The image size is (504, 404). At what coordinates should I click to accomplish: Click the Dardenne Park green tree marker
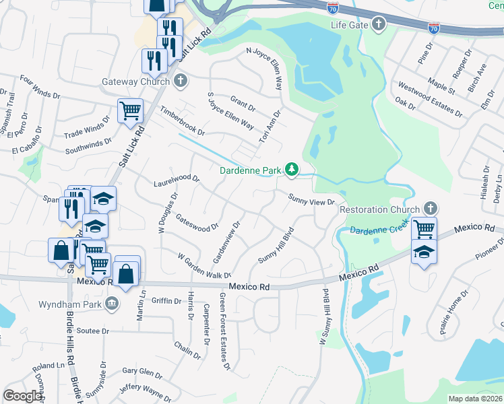tap(292, 170)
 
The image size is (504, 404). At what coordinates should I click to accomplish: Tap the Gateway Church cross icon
tap(180, 81)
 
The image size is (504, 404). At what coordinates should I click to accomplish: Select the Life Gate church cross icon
tap(379, 25)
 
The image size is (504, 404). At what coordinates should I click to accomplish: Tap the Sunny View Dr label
tap(312, 199)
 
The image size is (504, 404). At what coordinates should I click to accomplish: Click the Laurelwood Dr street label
tap(177, 180)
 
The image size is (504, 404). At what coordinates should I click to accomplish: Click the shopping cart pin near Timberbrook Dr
tap(130, 110)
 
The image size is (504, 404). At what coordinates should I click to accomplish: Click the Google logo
tap(22, 396)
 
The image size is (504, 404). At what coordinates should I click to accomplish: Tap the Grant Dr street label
tap(243, 103)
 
